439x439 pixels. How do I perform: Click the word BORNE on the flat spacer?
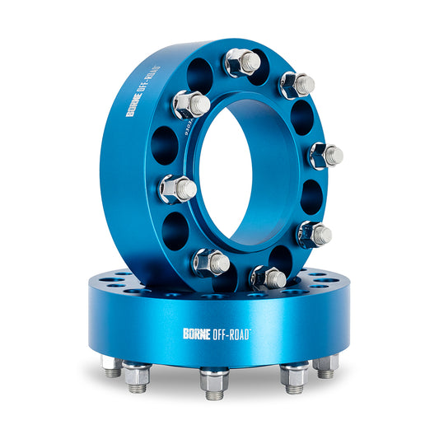[198, 334]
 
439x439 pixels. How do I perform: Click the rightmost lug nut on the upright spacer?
[325, 154]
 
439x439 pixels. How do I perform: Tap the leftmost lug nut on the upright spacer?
[177, 189]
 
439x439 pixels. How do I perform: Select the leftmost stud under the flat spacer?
[113, 367]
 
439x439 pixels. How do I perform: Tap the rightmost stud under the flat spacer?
[327, 367]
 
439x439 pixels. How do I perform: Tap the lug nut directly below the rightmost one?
[314, 234]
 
